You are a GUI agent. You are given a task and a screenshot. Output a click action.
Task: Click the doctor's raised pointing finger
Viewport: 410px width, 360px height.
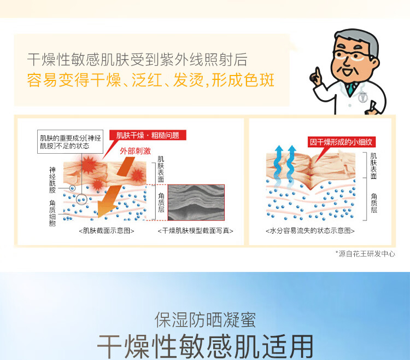pyautogui.click(x=318, y=72)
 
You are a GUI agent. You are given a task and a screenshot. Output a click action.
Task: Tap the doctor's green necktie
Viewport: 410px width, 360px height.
pyautogui.click(x=350, y=89)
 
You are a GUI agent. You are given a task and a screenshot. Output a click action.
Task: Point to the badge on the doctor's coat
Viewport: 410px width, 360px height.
pyautogui.click(x=363, y=97)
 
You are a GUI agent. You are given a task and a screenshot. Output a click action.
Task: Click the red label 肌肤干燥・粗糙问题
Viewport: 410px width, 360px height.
pyautogui.click(x=148, y=135)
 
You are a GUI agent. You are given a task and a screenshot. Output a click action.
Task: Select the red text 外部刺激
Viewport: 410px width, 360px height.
pyautogui.click(x=135, y=150)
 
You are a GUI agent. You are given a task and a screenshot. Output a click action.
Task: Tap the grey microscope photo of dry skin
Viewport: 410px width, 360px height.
pyautogui.click(x=196, y=202)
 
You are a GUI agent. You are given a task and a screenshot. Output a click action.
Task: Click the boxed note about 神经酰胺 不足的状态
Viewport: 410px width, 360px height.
pyautogui.click(x=70, y=142)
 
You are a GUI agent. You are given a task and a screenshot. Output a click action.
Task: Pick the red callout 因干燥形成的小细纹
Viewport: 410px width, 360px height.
pyautogui.click(x=341, y=142)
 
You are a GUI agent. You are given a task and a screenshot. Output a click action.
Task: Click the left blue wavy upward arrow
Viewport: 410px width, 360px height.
pyautogui.click(x=279, y=165)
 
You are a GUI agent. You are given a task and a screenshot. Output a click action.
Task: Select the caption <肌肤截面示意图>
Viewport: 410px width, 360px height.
pyautogui.click(x=107, y=231)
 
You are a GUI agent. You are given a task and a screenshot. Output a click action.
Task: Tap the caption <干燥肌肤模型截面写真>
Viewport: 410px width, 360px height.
pyautogui.click(x=195, y=231)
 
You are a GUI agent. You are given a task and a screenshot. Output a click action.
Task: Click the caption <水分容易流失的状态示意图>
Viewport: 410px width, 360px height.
pyautogui.click(x=310, y=231)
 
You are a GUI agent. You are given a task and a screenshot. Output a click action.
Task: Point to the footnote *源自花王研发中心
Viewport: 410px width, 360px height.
pyautogui.click(x=365, y=254)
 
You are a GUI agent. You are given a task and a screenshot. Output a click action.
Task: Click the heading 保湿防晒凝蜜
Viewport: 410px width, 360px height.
pyautogui.click(x=205, y=320)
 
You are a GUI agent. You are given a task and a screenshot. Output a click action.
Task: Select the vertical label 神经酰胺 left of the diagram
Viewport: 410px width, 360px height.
pyautogui.click(x=52, y=180)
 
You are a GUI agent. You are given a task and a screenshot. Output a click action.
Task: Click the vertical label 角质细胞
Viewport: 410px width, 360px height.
pyautogui.click(x=52, y=213)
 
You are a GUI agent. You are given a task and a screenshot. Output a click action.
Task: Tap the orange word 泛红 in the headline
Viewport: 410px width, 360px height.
pyautogui.click(x=147, y=80)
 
